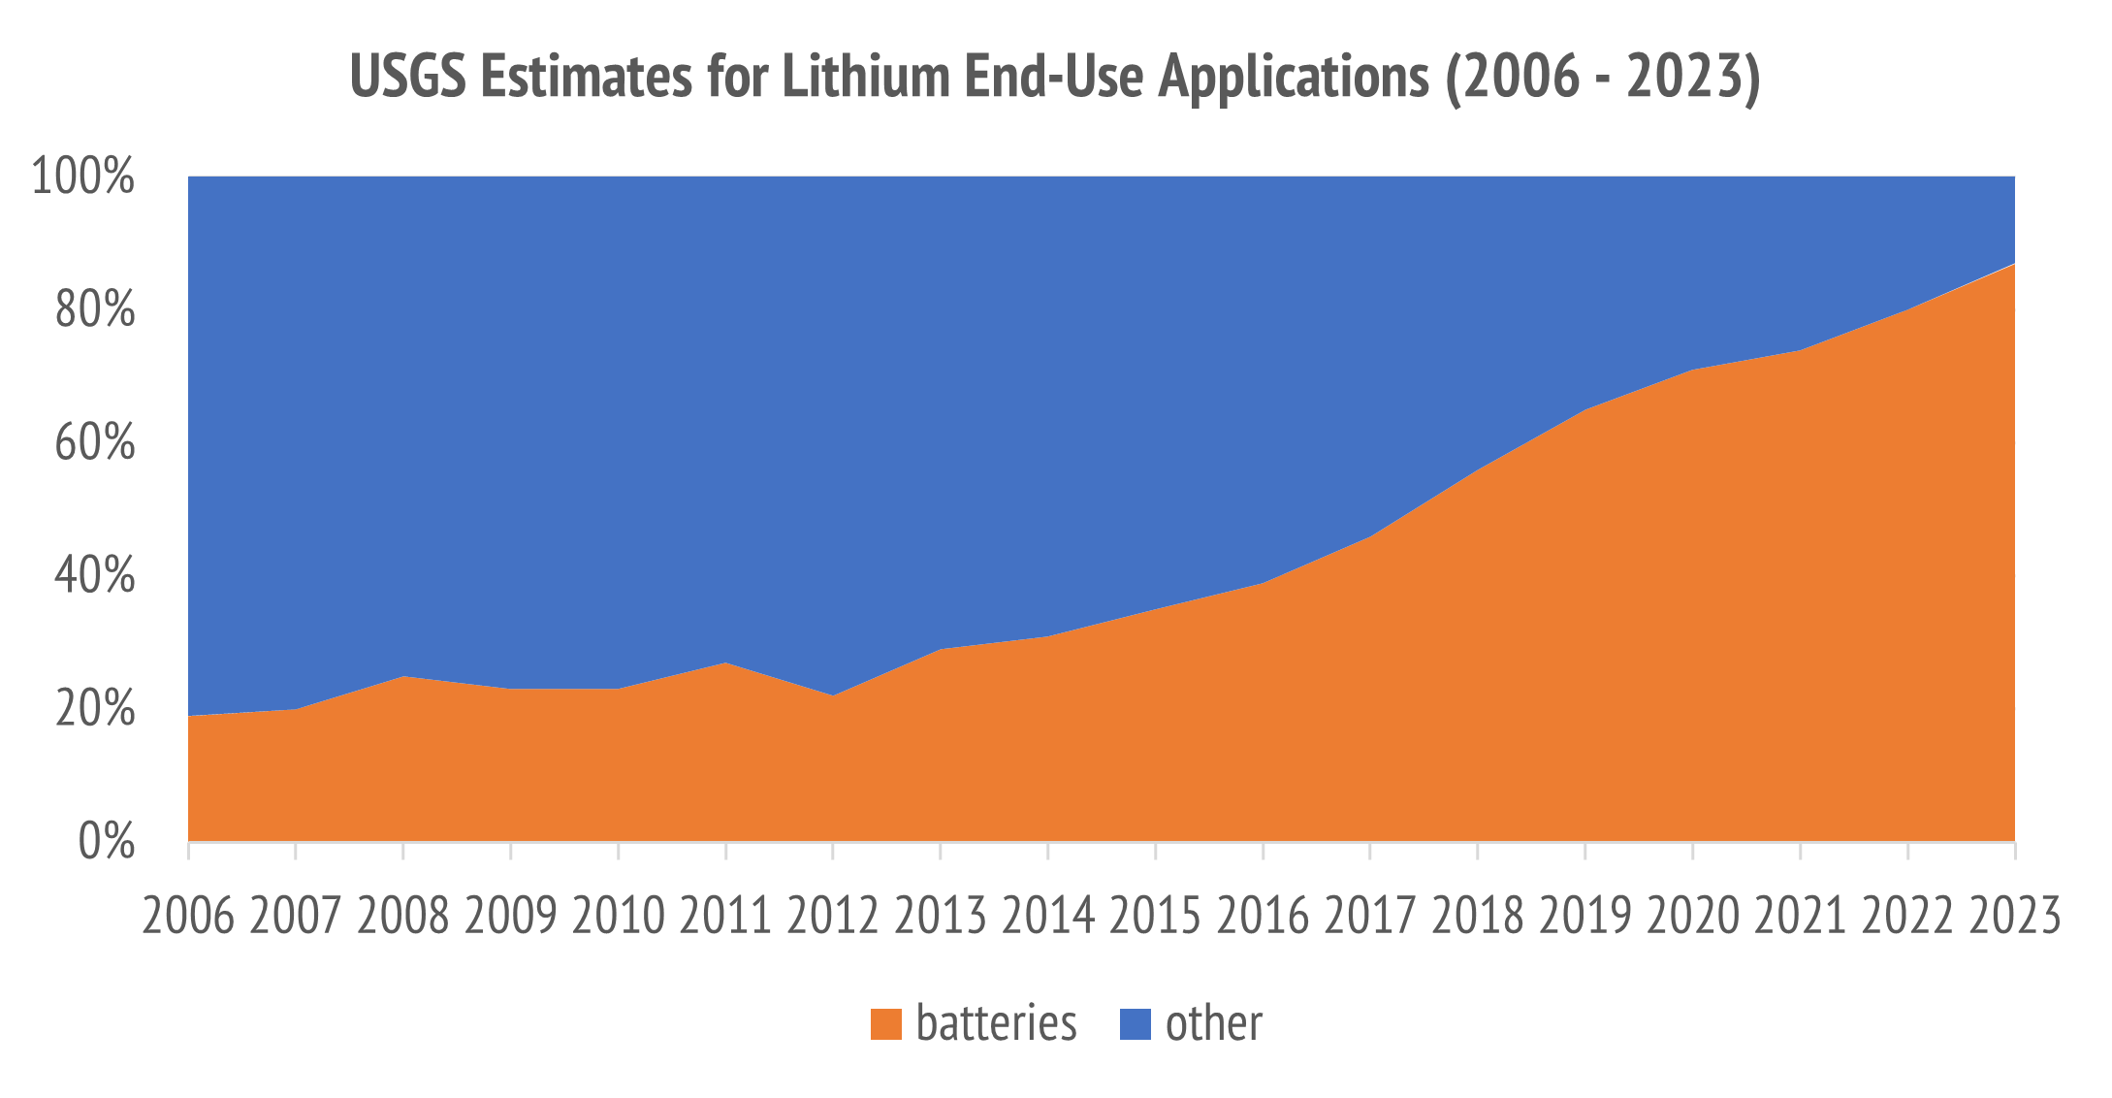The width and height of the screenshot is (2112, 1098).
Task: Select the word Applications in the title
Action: click(1294, 78)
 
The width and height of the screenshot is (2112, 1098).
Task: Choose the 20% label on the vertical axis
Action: click(94, 708)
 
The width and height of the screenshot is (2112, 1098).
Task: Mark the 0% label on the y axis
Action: click(106, 841)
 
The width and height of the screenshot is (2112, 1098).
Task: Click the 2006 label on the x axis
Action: click(188, 915)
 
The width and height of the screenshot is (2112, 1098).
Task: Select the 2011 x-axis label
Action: click(725, 915)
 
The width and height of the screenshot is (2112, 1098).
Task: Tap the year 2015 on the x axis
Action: click(1155, 915)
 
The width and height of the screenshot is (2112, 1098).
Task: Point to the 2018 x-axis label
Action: click(1478, 915)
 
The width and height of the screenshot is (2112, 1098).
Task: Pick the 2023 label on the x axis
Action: click(2014, 915)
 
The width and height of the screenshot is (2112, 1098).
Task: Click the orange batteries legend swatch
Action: click(886, 1024)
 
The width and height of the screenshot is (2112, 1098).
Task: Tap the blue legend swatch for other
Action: click(1136, 1024)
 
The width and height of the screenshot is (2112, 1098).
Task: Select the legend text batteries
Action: click(996, 1023)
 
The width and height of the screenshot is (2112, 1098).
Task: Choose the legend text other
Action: click(1214, 1023)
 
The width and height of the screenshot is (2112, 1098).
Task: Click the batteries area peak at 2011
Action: click(725, 662)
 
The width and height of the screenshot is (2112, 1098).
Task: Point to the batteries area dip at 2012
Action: click(833, 695)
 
